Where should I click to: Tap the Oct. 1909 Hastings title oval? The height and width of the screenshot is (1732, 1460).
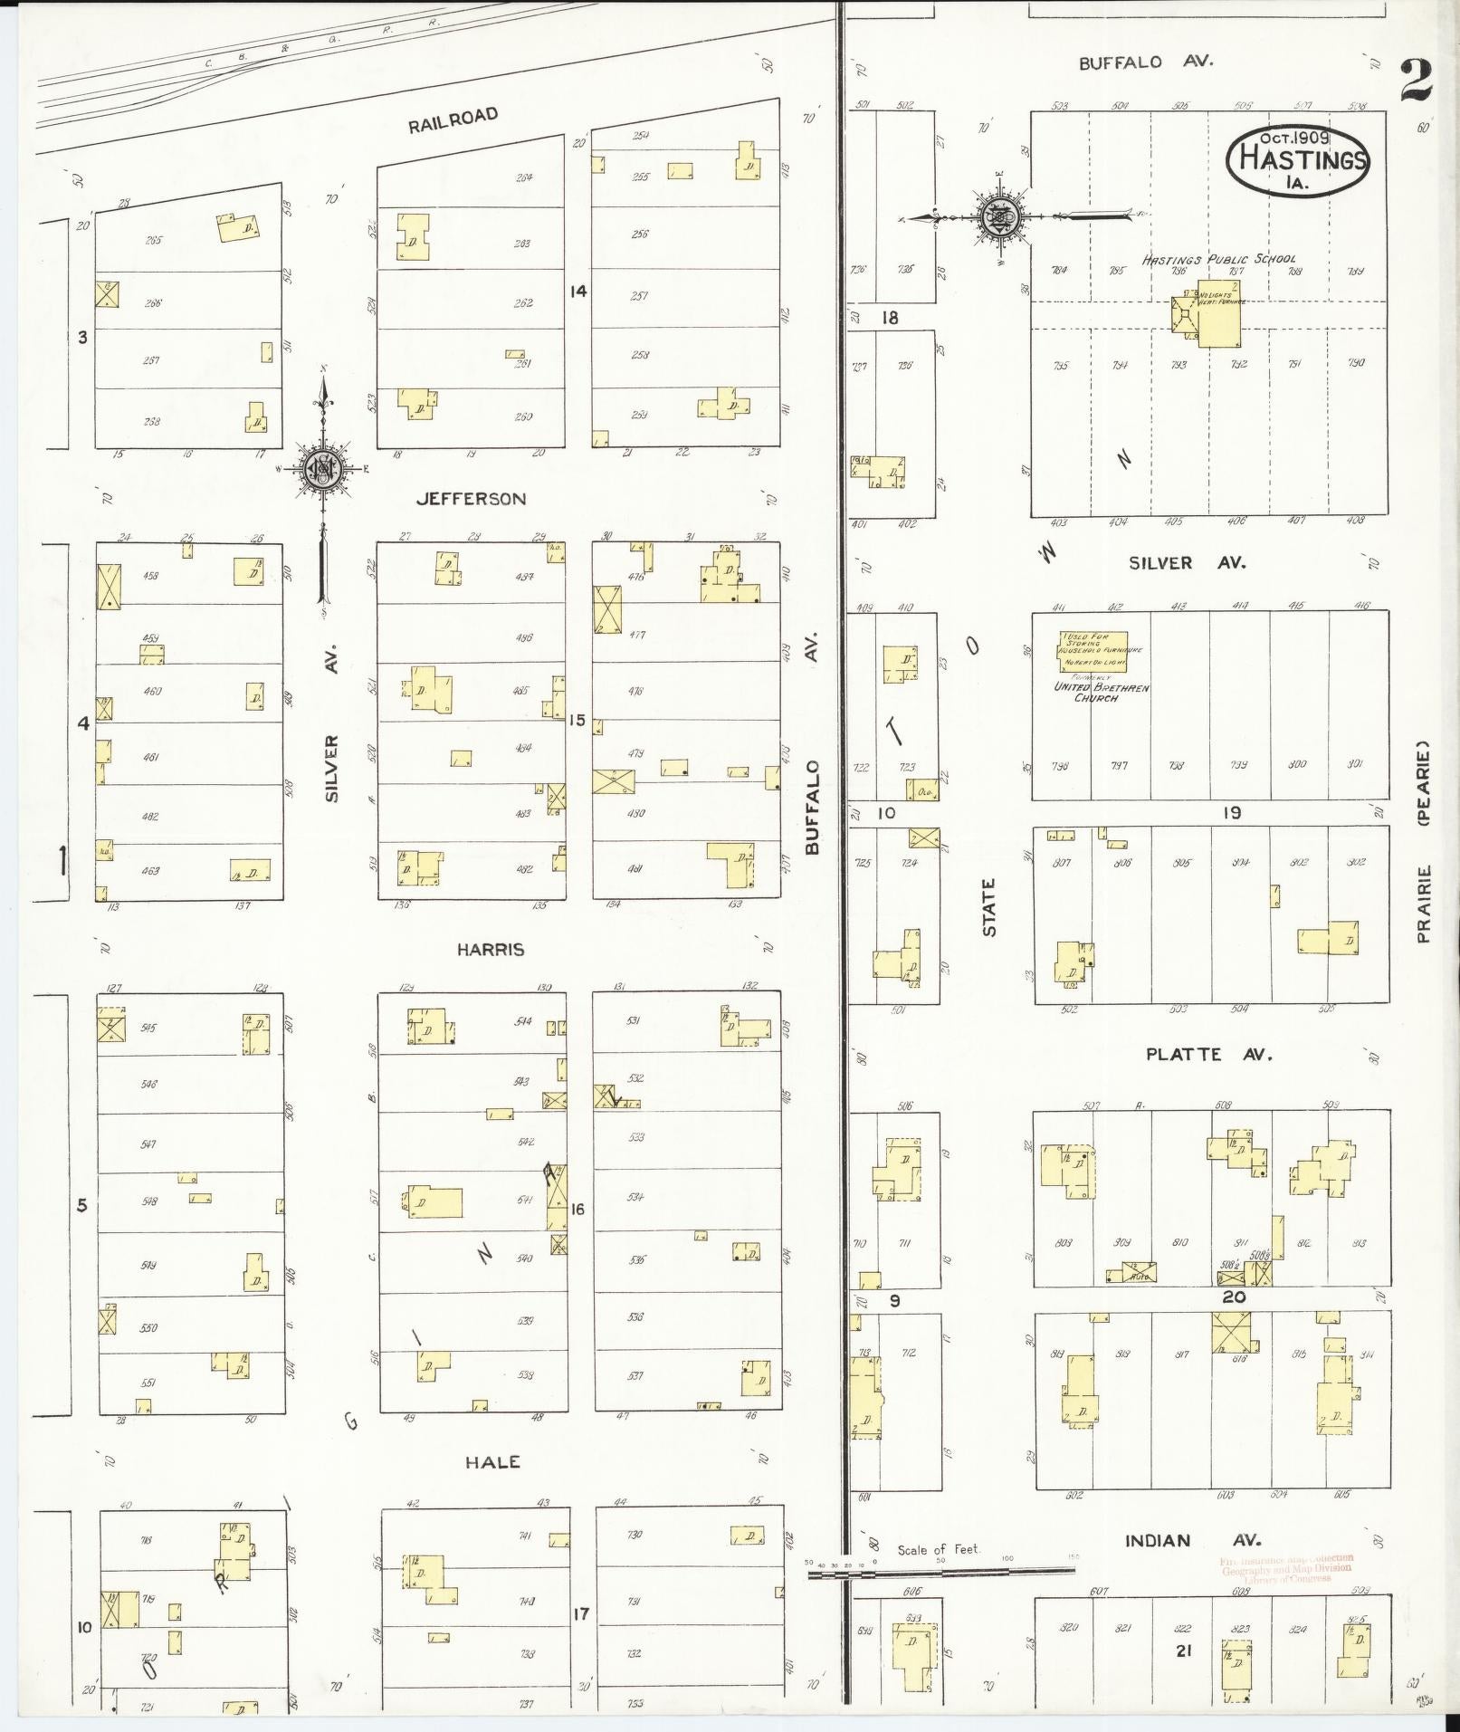tap(1297, 158)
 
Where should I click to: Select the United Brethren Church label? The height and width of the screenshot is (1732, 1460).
tap(1100, 692)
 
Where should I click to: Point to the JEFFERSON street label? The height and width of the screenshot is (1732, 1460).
tap(471, 499)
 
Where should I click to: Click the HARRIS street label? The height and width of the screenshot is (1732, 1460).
tap(490, 950)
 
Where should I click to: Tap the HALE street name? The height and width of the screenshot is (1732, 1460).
tap(492, 1462)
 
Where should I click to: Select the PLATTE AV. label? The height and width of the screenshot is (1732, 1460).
tap(1208, 1055)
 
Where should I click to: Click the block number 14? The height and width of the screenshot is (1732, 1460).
tap(577, 292)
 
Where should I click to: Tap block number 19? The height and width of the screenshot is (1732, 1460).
tap(1231, 813)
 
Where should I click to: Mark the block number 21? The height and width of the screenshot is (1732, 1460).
tap(1182, 1651)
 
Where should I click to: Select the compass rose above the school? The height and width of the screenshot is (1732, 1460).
tap(998, 216)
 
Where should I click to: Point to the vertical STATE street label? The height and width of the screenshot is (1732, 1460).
tap(988, 907)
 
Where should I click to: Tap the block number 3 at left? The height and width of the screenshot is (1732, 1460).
tap(82, 339)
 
